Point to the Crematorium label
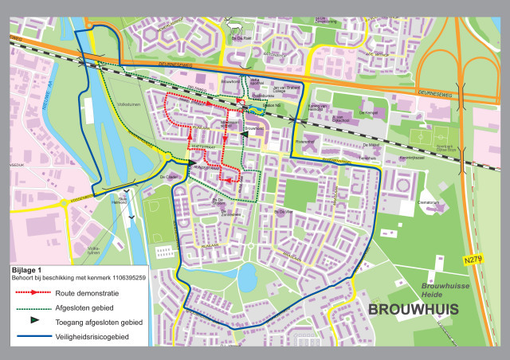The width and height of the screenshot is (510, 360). coord(430,204)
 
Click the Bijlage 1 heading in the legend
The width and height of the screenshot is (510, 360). coord(29,271)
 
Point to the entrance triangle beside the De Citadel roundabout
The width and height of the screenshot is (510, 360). coord(192,163)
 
